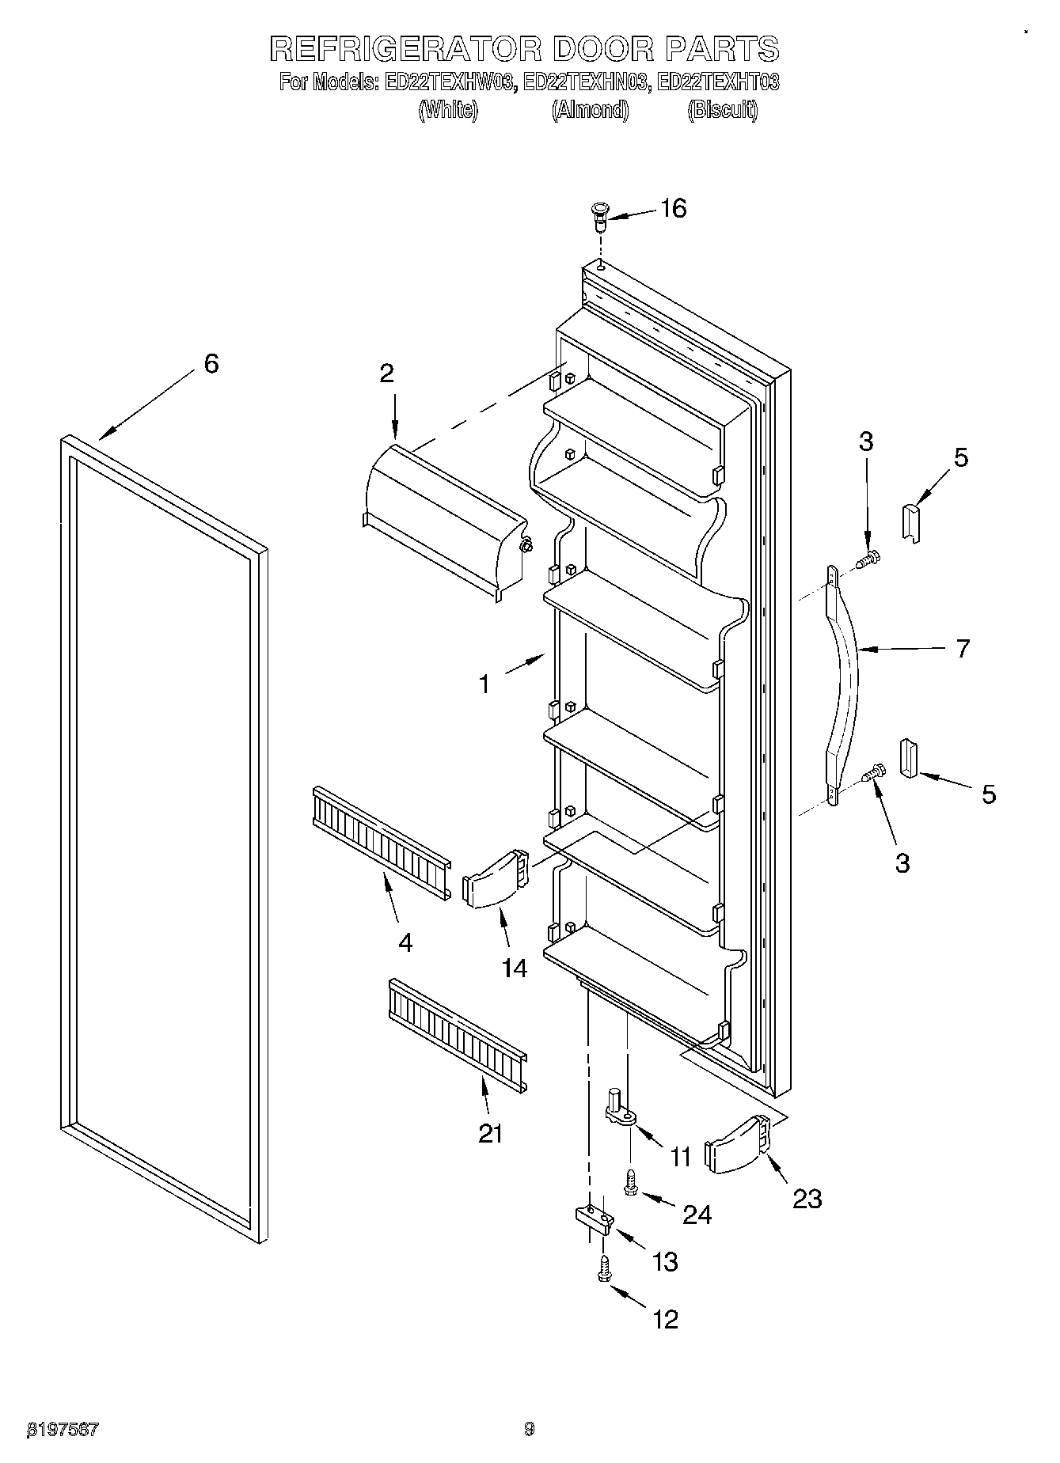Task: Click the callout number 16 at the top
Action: (x=674, y=209)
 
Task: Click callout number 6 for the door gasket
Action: (x=211, y=364)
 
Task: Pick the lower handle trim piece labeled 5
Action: (x=907, y=759)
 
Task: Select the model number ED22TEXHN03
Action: (x=587, y=82)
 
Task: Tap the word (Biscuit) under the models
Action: (x=722, y=110)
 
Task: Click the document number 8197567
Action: (x=63, y=1428)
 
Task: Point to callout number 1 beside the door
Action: (x=484, y=684)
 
